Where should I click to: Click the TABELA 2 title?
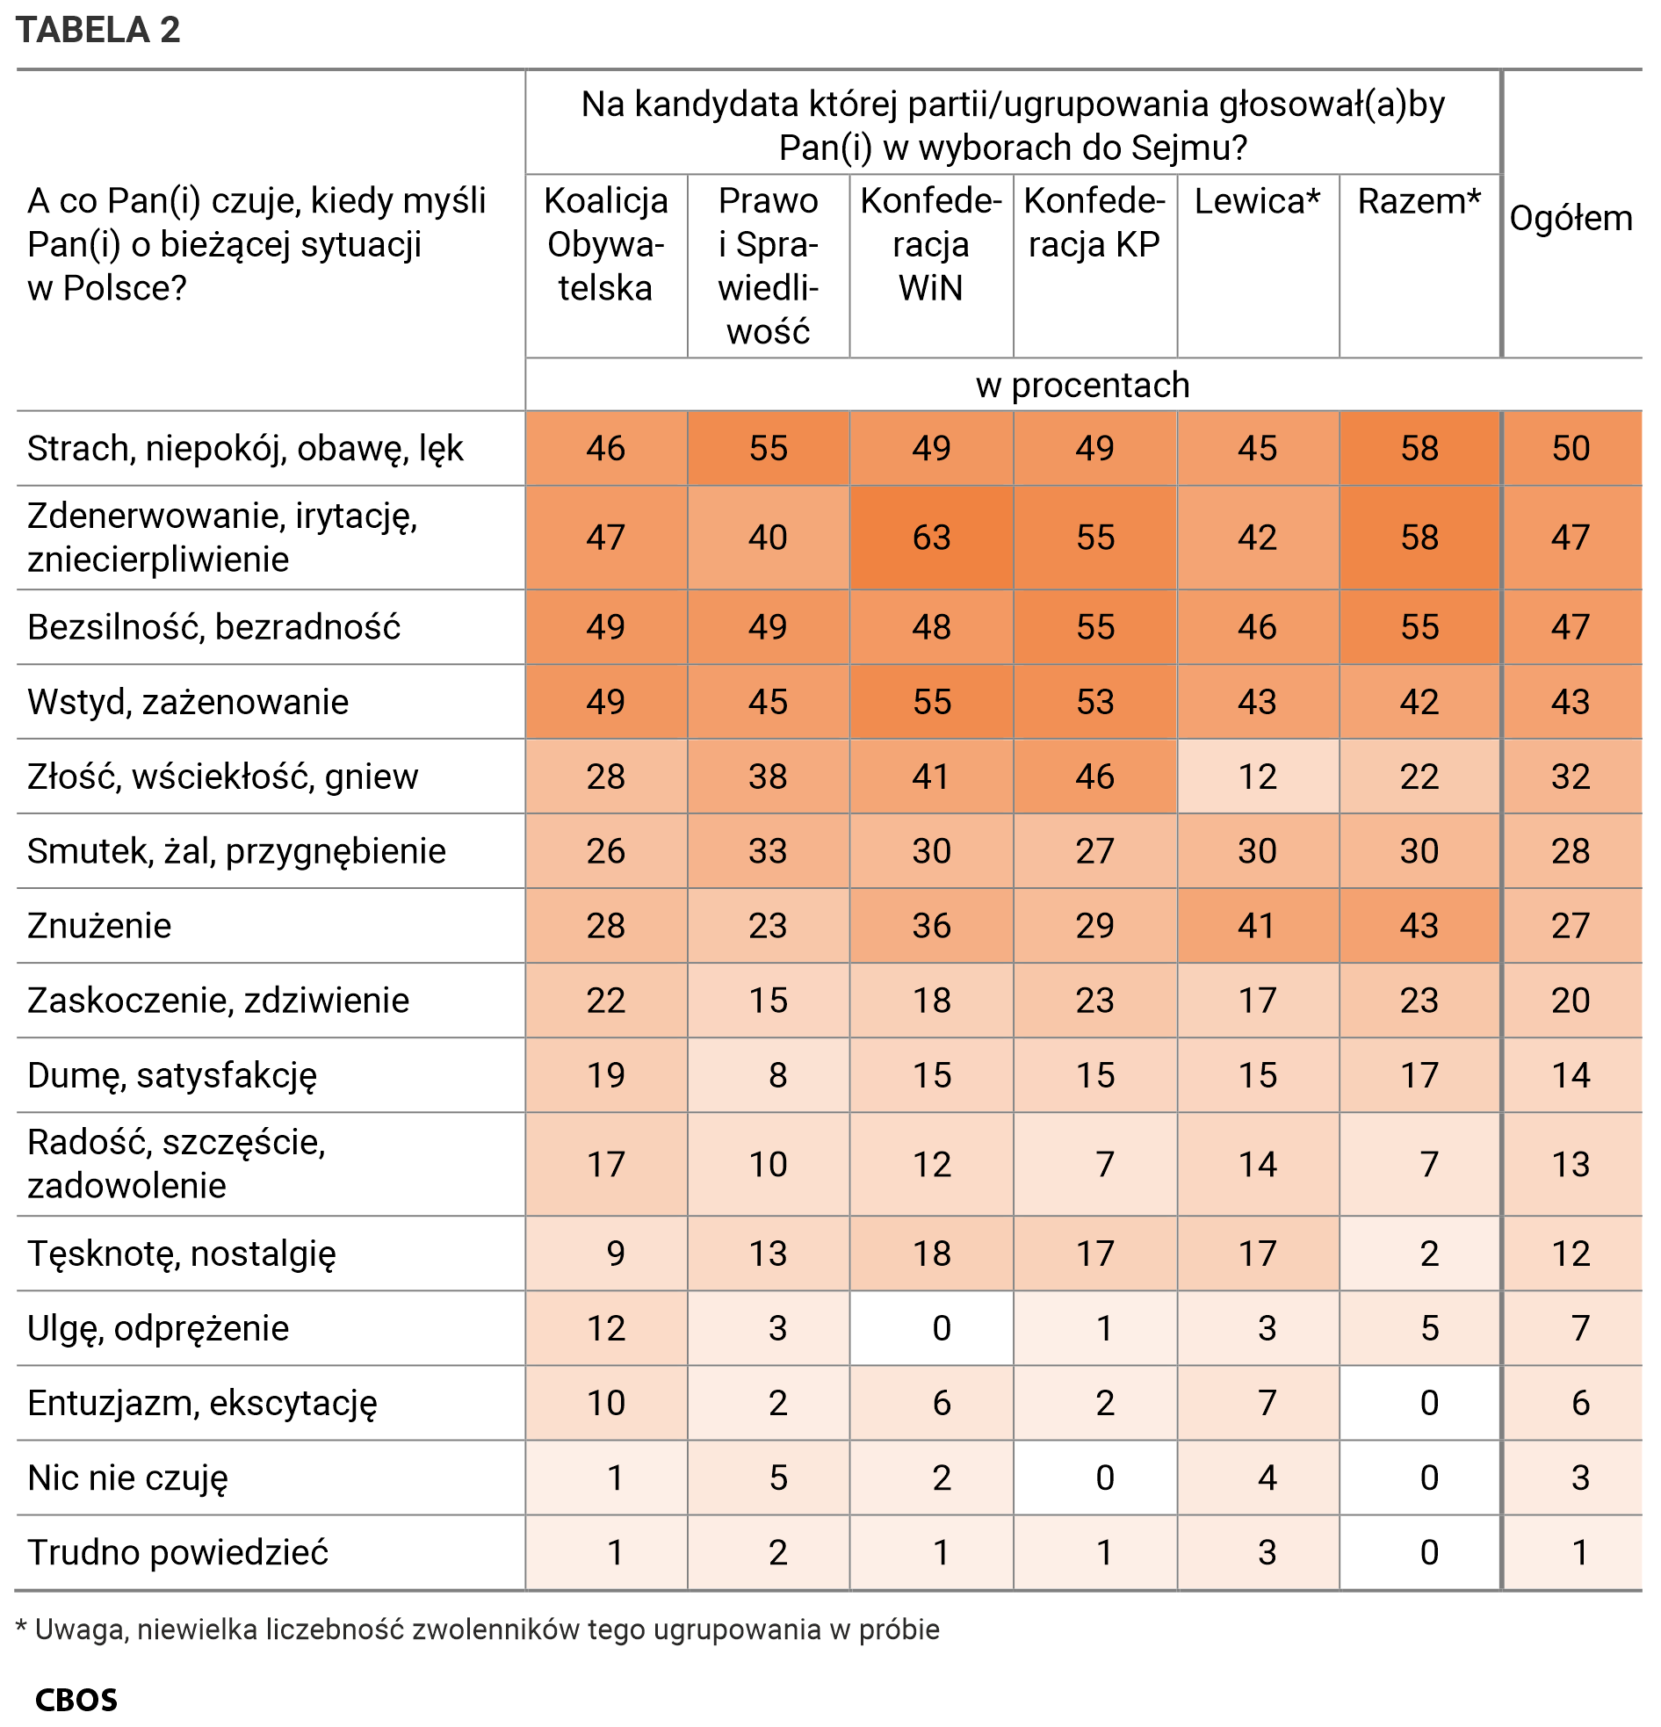tap(97, 30)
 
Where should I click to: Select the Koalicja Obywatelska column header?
tap(605, 244)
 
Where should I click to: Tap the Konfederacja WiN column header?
tap(930, 244)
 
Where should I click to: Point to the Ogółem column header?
tap(1571, 218)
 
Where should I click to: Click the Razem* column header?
tap(1419, 202)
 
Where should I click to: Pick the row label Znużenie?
tap(99, 925)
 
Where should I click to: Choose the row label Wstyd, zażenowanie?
tap(188, 701)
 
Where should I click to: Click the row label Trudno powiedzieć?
tap(177, 1551)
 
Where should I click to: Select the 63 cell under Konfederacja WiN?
tap(930, 537)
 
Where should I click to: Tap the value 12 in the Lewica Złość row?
tap(1257, 777)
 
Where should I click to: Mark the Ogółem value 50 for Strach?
tap(1571, 448)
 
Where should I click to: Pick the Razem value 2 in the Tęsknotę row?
tap(1428, 1253)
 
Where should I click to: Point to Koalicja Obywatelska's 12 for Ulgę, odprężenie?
tap(605, 1328)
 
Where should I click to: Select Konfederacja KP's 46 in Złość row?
tap(1094, 777)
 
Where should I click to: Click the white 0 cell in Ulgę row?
tap(940, 1328)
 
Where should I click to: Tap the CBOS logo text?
tap(76, 1699)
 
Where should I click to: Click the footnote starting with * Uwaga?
tap(478, 1629)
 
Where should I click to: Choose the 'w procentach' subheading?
tap(1082, 385)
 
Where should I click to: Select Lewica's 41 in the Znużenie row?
tap(1257, 925)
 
